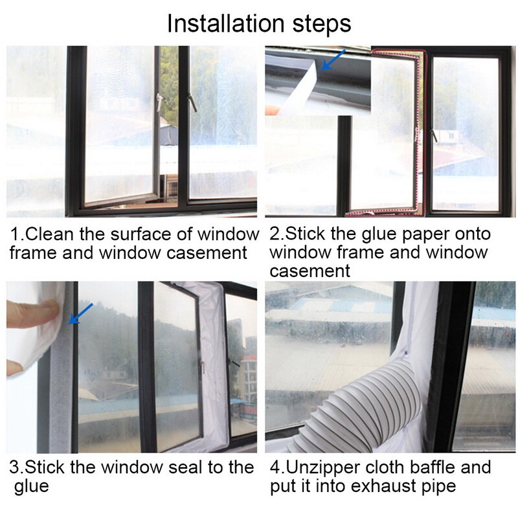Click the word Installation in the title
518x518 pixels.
[227, 23]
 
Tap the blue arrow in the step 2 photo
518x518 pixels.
[334, 60]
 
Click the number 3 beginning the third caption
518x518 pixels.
[14, 467]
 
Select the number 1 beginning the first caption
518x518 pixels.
[14, 234]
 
